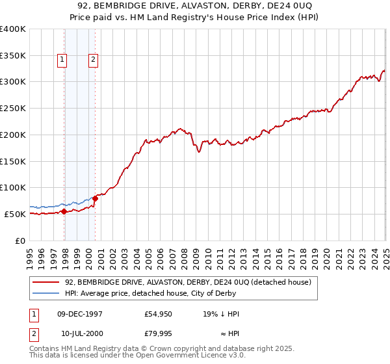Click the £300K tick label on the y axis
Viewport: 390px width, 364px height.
point(12,82)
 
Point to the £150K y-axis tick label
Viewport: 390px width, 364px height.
point(12,161)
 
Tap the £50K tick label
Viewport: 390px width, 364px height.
point(14,214)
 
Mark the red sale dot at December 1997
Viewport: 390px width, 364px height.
point(64,211)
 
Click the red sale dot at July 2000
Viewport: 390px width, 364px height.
point(95,198)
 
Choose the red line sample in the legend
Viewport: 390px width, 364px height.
point(45,282)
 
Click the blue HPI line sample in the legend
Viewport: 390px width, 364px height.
point(45,293)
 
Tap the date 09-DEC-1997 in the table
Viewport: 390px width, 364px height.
point(80,314)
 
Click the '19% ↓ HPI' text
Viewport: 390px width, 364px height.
point(222,314)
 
